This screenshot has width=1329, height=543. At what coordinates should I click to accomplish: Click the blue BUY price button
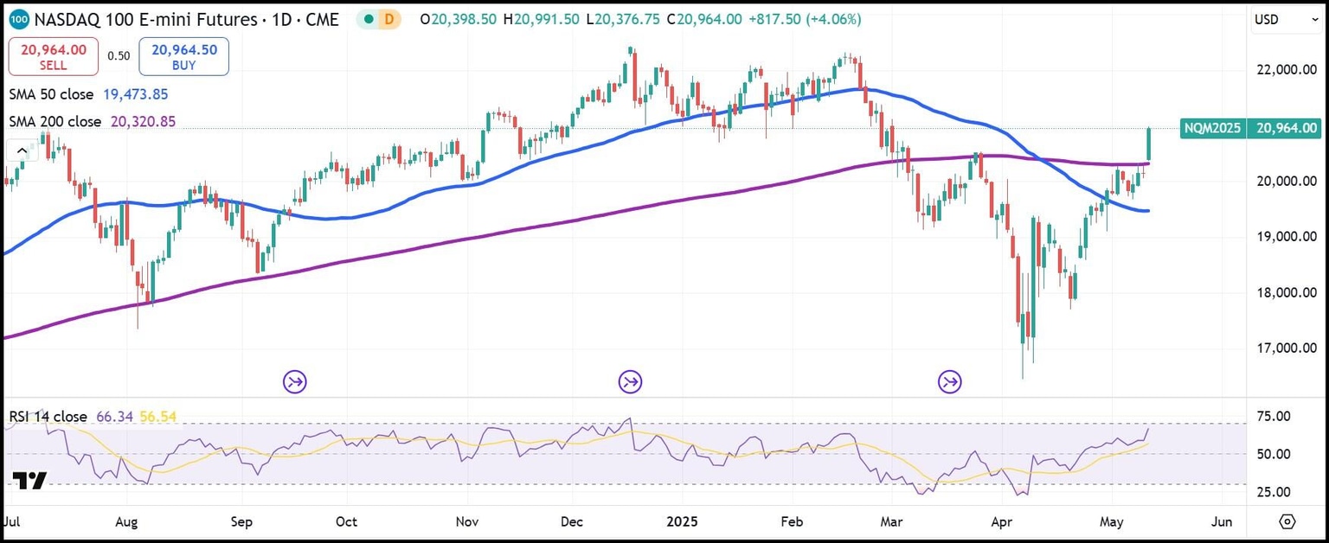184,56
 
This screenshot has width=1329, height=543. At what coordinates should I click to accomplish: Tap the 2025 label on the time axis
681,522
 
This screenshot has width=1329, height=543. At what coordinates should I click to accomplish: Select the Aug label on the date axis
126,522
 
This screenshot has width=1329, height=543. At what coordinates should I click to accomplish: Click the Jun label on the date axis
1222,522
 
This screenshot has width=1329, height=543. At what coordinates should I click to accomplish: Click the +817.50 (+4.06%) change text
798,18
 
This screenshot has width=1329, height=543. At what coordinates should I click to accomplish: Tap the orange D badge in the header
388,18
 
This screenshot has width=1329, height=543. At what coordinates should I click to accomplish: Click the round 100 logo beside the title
20,18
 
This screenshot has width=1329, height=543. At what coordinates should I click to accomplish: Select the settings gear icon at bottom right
1287,522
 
